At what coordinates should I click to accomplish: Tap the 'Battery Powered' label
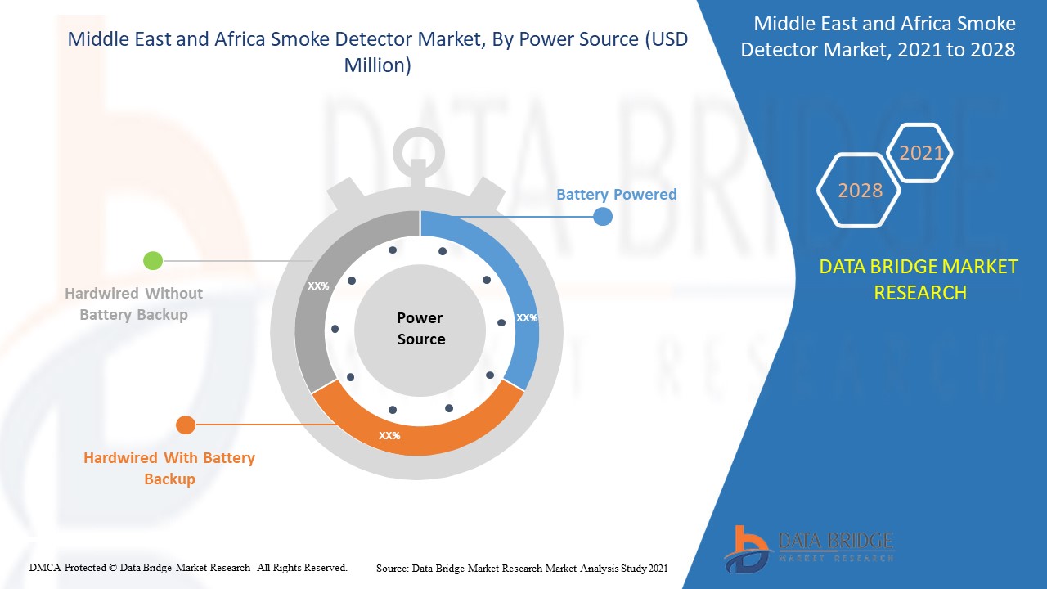(x=616, y=195)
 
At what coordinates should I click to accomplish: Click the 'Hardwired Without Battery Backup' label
(x=133, y=303)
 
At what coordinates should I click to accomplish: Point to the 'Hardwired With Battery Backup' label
(x=169, y=468)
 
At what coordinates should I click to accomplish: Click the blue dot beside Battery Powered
(x=603, y=217)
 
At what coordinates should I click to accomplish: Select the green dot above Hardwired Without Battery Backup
(x=153, y=261)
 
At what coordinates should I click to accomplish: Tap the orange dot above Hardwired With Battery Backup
(x=186, y=425)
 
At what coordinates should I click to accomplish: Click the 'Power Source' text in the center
(x=420, y=328)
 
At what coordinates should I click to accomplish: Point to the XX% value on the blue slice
(x=526, y=318)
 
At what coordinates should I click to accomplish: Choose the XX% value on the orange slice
(x=389, y=436)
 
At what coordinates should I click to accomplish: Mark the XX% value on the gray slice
(x=317, y=286)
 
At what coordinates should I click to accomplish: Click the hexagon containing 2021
(x=921, y=153)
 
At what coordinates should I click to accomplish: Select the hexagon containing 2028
(x=860, y=191)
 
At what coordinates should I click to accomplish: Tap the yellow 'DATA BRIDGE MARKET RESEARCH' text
(x=919, y=279)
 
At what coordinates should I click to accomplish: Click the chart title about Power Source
(x=378, y=52)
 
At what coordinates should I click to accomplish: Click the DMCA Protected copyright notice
(x=188, y=567)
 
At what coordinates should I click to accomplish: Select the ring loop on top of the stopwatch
(x=419, y=148)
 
